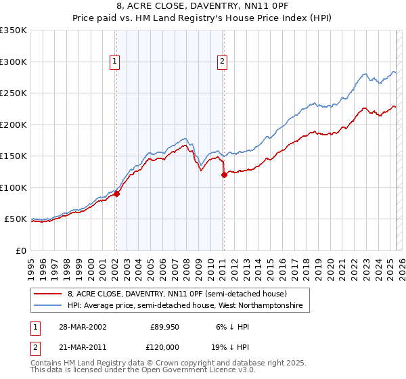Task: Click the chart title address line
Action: click(203, 6)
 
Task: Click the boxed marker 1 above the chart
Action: click(115, 62)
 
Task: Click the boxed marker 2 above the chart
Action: click(223, 62)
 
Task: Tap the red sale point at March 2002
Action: click(116, 194)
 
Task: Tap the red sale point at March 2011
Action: click(223, 175)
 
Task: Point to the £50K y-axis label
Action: click(15, 219)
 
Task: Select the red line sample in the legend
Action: click(49, 294)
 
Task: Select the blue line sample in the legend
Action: click(49, 306)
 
